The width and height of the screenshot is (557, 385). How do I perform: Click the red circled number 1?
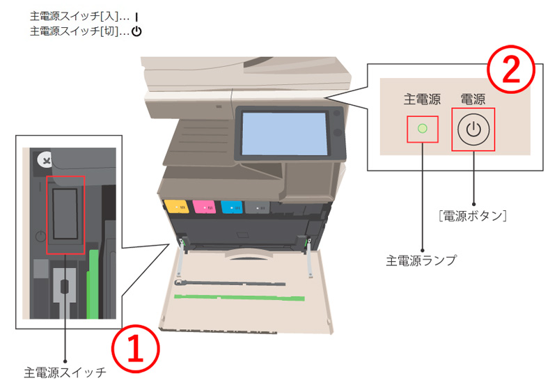click(136, 347)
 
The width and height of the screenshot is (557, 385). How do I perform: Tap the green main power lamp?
click(422, 129)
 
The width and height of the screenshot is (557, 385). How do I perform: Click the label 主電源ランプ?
click(421, 260)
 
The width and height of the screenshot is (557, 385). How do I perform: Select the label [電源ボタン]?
click(473, 217)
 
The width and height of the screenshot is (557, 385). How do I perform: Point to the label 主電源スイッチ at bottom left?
click(64, 372)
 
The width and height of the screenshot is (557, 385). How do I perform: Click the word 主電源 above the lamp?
click(422, 100)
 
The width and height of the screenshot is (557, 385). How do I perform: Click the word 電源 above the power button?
click(473, 100)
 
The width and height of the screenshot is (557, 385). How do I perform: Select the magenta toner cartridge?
click(203, 207)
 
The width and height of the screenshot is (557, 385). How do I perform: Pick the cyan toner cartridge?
click(231, 207)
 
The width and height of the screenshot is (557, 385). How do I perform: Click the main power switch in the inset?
click(65, 214)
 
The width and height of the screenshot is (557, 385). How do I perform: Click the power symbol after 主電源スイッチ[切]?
click(136, 31)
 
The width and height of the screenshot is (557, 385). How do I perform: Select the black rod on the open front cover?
click(230, 284)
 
